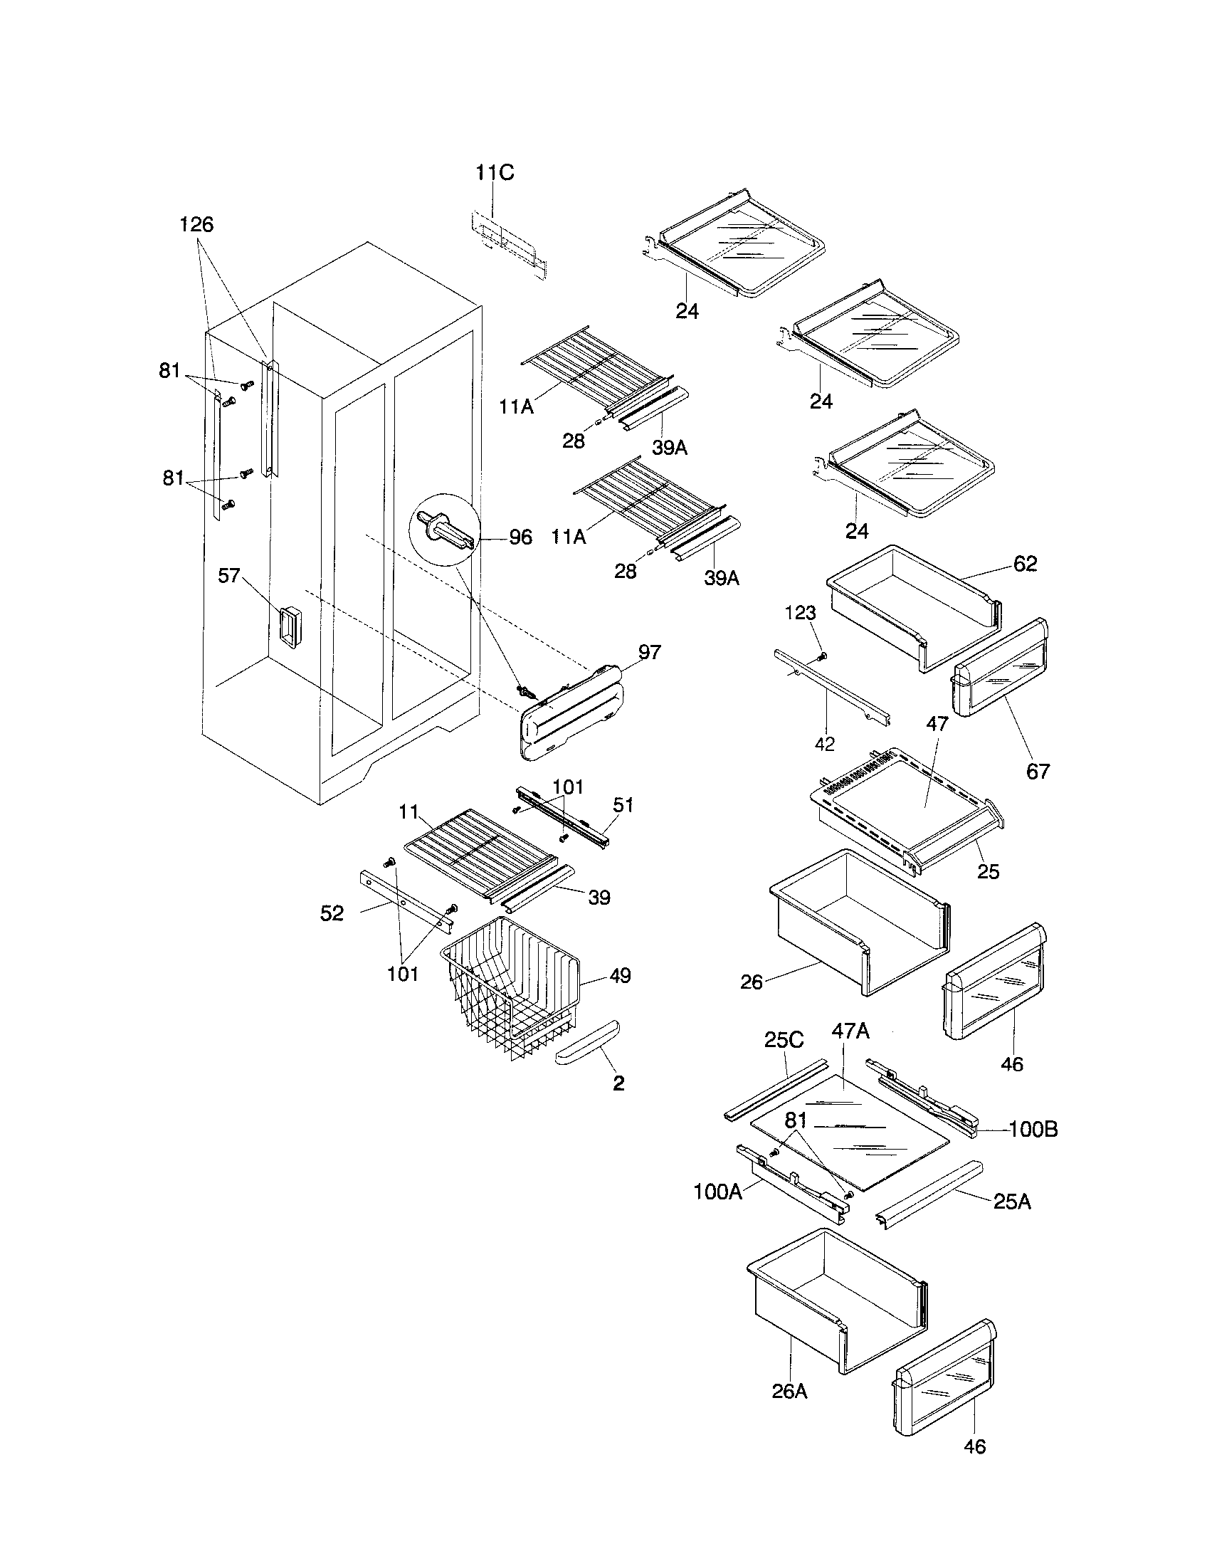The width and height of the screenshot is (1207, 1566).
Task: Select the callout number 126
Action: [196, 224]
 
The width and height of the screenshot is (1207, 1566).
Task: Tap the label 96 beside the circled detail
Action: [520, 537]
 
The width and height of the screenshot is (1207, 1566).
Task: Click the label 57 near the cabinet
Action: [228, 575]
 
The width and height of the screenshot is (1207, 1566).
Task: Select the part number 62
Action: [1025, 564]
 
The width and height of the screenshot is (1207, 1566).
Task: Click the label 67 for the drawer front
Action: [1038, 772]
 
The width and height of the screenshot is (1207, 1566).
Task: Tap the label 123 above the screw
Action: [800, 613]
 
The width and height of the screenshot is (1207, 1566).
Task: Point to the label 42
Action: [825, 745]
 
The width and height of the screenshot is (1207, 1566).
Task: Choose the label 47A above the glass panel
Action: [850, 1031]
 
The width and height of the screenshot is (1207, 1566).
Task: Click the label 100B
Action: [1033, 1130]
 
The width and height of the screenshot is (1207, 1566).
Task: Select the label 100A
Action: [717, 1192]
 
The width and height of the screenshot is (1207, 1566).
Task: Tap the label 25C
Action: [784, 1040]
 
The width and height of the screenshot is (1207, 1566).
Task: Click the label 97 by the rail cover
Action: [649, 653]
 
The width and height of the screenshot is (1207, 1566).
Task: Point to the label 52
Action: [332, 913]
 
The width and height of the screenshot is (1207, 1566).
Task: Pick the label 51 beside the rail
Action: [623, 805]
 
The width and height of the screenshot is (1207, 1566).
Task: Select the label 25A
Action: [1012, 1202]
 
